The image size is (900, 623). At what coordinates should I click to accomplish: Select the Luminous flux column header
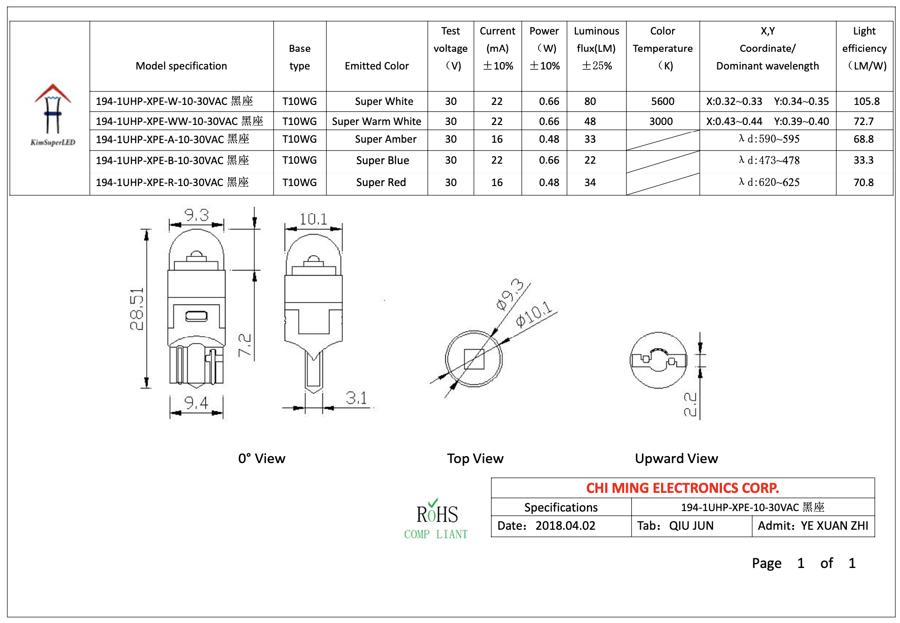[x=596, y=48]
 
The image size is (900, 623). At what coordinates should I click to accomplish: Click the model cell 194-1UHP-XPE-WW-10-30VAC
[x=179, y=121]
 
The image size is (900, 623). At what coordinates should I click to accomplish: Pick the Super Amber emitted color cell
[x=385, y=139]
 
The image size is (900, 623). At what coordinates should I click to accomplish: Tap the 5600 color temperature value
[x=662, y=101]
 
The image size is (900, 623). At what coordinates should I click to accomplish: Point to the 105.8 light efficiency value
[x=866, y=101]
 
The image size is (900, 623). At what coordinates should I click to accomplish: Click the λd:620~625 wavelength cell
[x=769, y=182]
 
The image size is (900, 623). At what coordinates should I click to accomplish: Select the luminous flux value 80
[x=590, y=101]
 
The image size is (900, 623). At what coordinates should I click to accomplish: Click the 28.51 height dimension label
[x=137, y=309]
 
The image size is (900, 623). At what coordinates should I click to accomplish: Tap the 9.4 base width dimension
[x=196, y=402]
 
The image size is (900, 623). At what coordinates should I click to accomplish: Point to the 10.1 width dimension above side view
[x=313, y=219]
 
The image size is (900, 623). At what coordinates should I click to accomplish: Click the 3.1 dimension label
[x=356, y=398]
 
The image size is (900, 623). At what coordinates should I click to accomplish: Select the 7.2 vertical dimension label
[x=245, y=345]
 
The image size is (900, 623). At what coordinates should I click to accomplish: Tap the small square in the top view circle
[x=474, y=359]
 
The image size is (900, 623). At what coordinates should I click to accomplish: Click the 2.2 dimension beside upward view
[x=690, y=404]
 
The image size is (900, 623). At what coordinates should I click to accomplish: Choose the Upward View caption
[x=676, y=458]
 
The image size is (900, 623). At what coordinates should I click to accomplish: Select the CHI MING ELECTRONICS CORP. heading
[x=682, y=488]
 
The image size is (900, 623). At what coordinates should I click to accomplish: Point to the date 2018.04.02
[x=565, y=526]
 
